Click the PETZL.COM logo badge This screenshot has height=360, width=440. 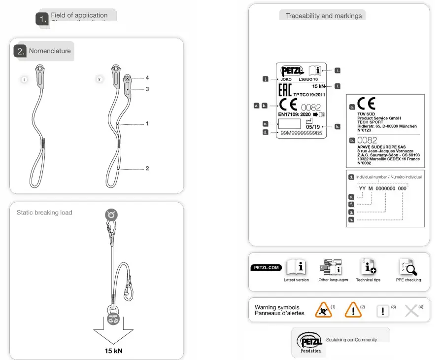[x=266, y=268]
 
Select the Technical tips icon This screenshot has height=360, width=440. [x=368, y=267]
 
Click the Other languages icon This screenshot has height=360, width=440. [x=330, y=267]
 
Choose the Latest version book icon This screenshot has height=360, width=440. [x=297, y=267]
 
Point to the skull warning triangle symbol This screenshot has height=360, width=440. [x=324, y=310]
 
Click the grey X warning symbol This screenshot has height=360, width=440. [x=411, y=311]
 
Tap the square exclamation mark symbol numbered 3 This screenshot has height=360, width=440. [x=382, y=311]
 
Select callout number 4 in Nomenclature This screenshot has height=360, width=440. [x=147, y=78]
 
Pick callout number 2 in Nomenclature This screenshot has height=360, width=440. [x=147, y=168]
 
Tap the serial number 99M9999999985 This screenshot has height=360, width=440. [x=301, y=133]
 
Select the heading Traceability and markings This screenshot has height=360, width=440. [x=324, y=16]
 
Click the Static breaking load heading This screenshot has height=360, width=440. [x=44, y=213]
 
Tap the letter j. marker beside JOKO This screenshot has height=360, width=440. [x=266, y=79]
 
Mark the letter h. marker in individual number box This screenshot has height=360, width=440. [x=351, y=219]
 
